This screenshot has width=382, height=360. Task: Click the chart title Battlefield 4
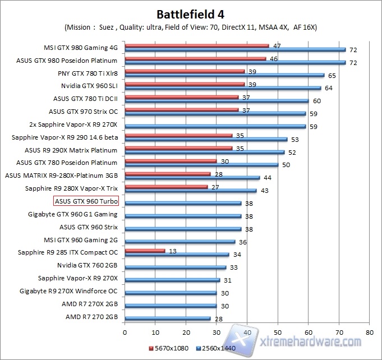click(191, 13)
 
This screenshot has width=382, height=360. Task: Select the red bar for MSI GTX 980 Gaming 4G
click(196, 45)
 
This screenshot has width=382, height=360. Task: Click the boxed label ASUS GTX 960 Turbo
click(86, 201)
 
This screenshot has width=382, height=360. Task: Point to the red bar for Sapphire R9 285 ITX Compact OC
click(145, 251)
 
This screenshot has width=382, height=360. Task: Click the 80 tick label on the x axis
click(369, 332)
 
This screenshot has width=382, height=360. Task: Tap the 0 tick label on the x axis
click(125, 332)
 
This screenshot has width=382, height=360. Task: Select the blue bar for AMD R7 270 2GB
click(167, 319)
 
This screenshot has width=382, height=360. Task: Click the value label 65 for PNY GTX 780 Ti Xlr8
click(332, 75)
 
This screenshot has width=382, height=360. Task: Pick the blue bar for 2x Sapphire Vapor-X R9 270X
click(215, 126)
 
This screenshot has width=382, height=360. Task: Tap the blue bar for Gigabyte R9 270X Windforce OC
click(170, 293)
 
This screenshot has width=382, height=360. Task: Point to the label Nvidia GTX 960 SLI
click(89, 86)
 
